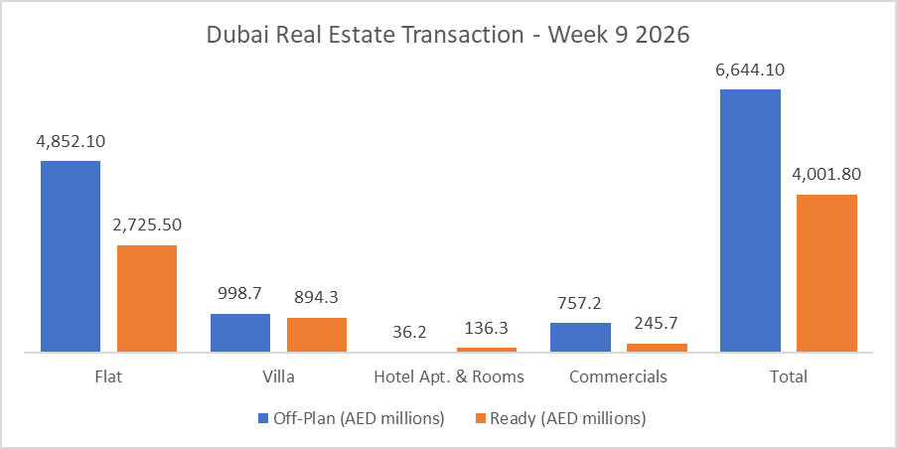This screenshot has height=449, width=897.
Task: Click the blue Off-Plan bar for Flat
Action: pyautogui.click(x=71, y=256)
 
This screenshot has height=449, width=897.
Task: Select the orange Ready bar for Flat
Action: pyautogui.click(x=147, y=298)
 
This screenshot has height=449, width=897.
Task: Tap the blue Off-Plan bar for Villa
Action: pyautogui.click(x=240, y=333)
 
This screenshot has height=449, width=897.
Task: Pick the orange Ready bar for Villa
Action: pyautogui.click(x=317, y=335)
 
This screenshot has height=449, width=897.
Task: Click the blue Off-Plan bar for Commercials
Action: pyautogui.click(x=580, y=337)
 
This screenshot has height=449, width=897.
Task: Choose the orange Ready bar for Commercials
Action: pyautogui.click(x=657, y=348)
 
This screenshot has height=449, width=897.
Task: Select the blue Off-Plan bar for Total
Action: pyautogui.click(x=750, y=221)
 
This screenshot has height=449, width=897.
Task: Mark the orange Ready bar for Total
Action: pyautogui.click(x=826, y=273)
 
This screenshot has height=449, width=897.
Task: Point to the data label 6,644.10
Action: pyautogui.click(x=750, y=70)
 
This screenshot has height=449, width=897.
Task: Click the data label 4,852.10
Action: pyautogui.click(x=71, y=141)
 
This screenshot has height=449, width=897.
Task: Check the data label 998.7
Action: pyautogui.click(x=240, y=294)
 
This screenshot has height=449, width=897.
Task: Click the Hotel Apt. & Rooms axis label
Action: pyautogui.click(x=448, y=377)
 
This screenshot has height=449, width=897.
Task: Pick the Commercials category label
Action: pyautogui.click(x=618, y=377)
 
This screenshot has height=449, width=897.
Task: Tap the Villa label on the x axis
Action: pyautogui.click(x=278, y=377)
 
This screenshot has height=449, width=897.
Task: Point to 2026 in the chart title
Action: pyautogui.click(x=663, y=34)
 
